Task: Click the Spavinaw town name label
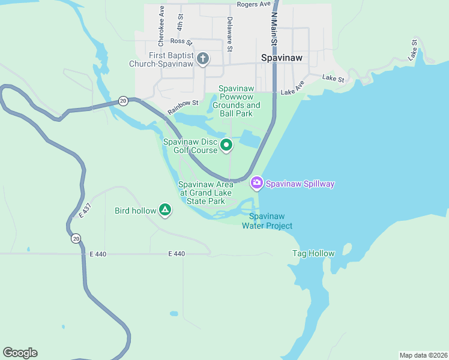(282, 58)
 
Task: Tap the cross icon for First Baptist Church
(203, 58)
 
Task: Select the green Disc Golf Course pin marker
(226, 145)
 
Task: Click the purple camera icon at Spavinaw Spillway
(256, 182)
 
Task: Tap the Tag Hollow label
(313, 253)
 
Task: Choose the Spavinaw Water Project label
(267, 221)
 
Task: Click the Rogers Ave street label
(254, 4)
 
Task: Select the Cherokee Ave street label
(161, 26)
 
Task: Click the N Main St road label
(274, 28)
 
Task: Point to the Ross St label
(180, 41)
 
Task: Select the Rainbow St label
(182, 107)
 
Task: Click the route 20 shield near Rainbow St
(123, 100)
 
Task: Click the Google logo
(20, 353)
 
